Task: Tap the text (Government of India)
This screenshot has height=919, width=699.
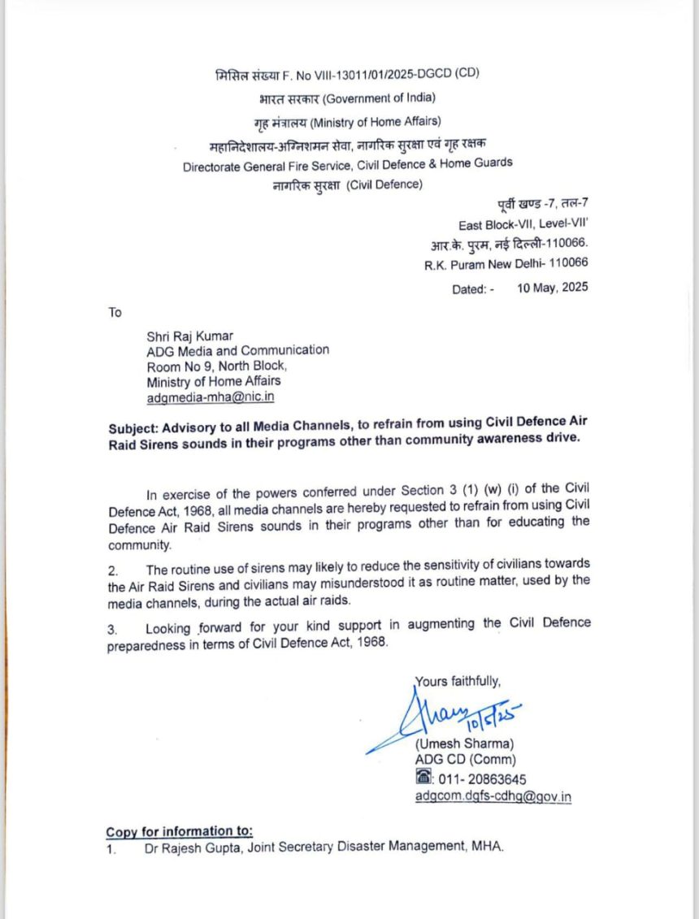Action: [379, 98]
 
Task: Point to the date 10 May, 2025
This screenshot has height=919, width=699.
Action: [553, 288]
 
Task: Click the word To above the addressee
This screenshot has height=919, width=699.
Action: [115, 312]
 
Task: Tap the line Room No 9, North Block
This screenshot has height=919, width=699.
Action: [216, 366]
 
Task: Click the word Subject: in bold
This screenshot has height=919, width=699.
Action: [133, 427]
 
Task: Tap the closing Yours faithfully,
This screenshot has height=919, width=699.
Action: [458, 681]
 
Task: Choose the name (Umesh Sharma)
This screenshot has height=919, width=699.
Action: [464, 743]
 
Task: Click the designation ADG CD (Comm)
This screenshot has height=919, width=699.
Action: [465, 761]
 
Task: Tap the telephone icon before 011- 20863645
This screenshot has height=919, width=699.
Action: [422, 778]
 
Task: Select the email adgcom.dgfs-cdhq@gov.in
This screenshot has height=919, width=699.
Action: [493, 796]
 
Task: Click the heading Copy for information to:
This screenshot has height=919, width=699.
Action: [179, 831]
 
